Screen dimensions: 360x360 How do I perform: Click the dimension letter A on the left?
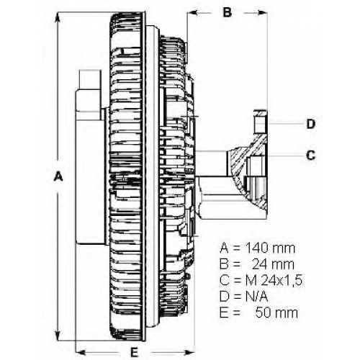[58, 176]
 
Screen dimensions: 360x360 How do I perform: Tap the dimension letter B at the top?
[228, 12]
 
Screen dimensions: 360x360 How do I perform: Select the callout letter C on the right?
[311, 155]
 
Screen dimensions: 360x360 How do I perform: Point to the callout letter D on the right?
[311, 124]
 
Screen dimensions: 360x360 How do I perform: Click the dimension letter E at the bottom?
[135, 353]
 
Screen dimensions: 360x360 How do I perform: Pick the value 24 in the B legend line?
[260, 264]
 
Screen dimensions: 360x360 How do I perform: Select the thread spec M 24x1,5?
[274, 280]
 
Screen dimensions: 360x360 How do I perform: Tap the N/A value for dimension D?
[256, 297]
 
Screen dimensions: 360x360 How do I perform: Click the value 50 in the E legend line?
[264, 312]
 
